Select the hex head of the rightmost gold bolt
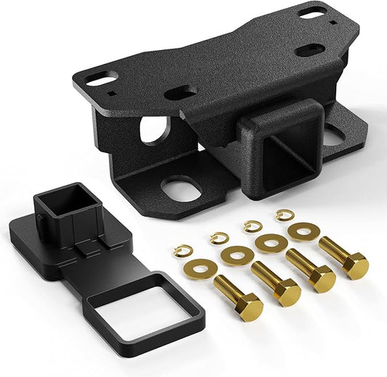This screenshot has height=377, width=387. (356, 266)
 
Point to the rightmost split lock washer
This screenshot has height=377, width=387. (285, 214)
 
